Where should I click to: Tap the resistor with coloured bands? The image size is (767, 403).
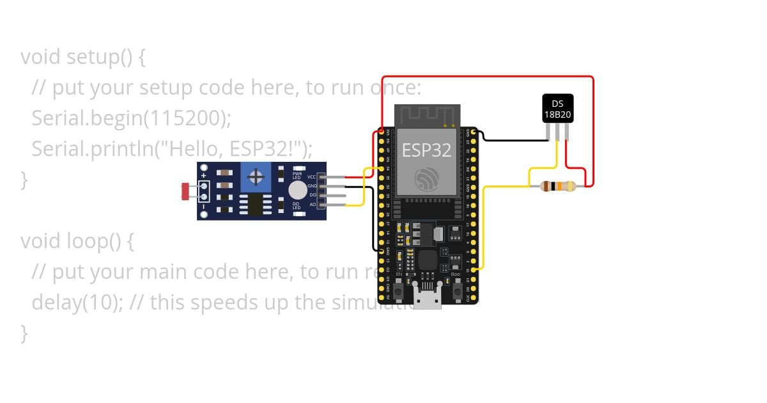[557, 186]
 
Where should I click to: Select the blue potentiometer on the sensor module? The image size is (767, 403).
[257, 176]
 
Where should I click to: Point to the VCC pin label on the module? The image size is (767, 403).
[312, 177]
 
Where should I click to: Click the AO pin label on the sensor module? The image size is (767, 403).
[313, 205]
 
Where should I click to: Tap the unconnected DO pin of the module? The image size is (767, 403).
[336, 195]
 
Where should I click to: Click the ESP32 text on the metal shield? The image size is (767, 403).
[426, 150]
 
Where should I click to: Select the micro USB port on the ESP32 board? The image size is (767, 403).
[427, 297]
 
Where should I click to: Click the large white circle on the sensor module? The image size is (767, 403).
[297, 190]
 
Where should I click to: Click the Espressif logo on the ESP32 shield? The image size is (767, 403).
[427, 178]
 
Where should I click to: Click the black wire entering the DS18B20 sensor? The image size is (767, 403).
[511, 139]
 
